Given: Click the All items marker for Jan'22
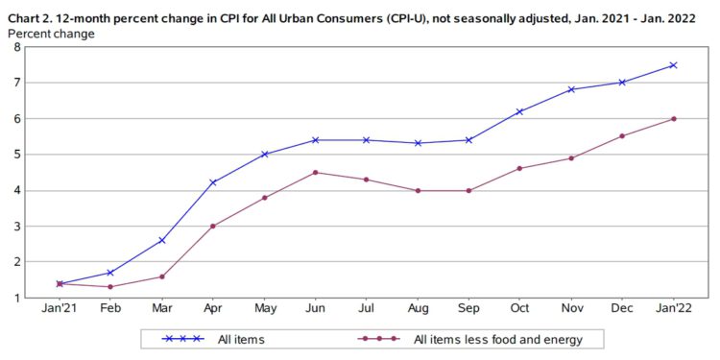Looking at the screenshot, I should coord(673,65).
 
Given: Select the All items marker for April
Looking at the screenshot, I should coord(212,182).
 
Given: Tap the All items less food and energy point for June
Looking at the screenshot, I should coord(315,173).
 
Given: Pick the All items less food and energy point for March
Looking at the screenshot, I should coord(161,276).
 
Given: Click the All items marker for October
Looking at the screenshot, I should coord(519,111).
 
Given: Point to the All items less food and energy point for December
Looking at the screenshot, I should coord(622,135).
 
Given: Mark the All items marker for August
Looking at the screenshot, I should coord(418,143).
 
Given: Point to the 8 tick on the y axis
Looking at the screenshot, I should coord(16,47).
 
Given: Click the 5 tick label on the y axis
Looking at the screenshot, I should coord(16,155).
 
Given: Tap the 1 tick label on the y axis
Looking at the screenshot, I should coord(16,298).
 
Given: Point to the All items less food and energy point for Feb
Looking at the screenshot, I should coord(110,287).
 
